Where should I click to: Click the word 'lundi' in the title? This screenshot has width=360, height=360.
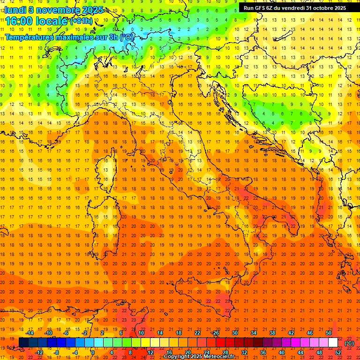(x=15, y=9)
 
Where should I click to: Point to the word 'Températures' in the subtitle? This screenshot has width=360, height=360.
(x=29, y=37)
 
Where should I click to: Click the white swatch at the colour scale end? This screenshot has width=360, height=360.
(x=333, y=343)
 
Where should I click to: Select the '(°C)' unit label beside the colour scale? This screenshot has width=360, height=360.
(x=349, y=343)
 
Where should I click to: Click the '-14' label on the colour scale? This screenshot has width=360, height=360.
(x=30, y=333)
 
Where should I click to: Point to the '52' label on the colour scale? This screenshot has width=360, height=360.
(x=338, y=352)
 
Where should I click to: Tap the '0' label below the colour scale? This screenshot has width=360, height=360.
(x=93, y=352)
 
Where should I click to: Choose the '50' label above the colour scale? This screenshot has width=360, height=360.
(x=328, y=333)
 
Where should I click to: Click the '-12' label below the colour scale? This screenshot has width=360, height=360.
(x=39, y=352)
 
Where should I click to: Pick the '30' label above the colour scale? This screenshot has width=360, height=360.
(x=234, y=333)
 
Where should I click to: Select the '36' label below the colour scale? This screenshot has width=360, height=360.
(x=262, y=352)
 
